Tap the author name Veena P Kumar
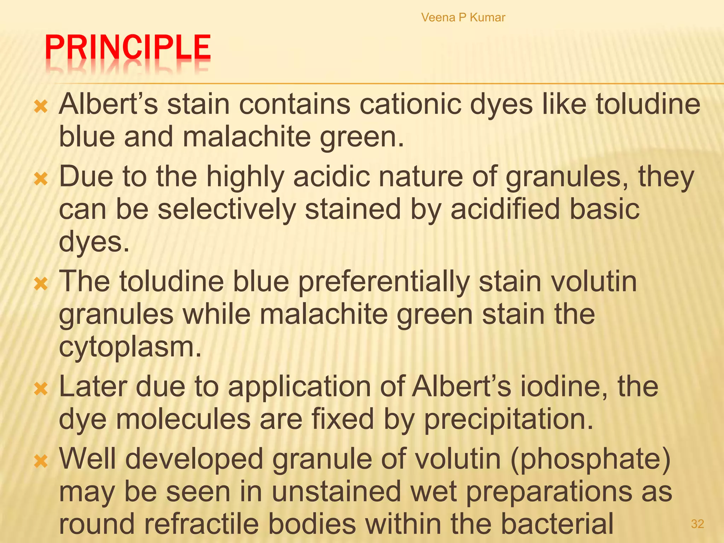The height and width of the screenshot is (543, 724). (463, 17)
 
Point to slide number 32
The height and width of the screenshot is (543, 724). (697, 524)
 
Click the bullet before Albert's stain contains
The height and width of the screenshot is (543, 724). (41, 106)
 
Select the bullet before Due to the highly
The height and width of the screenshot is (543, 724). (41, 179)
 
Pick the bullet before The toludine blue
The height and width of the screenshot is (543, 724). (41, 284)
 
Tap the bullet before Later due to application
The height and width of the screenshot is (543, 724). (41, 389)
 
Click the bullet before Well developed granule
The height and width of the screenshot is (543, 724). (41, 461)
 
